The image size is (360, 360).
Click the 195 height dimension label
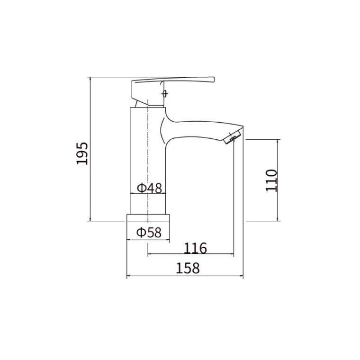(82, 153)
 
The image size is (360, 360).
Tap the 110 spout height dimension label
(271, 180)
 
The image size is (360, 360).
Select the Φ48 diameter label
(149, 188)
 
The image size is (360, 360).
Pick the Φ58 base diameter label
(149, 233)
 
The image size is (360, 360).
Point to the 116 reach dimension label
(195, 247)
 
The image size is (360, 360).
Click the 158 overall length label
(188, 268)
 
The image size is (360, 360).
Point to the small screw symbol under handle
(164, 93)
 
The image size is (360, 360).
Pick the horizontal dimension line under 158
(185, 277)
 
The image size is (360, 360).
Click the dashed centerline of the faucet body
(149, 156)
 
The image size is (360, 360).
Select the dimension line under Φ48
(148, 194)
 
